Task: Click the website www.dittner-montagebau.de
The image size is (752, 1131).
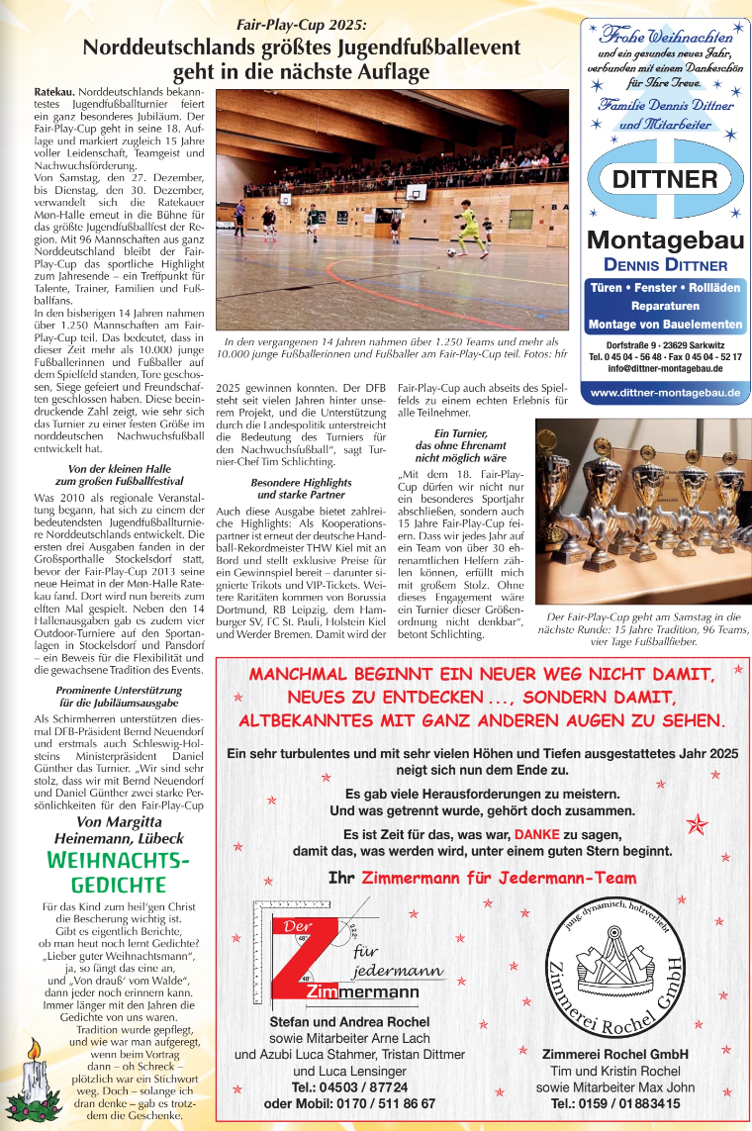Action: pos(664,393)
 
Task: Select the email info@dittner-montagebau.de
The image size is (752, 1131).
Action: pos(664,368)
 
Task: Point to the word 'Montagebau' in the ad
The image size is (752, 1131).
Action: pos(664,239)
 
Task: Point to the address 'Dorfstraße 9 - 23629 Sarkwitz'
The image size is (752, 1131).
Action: pos(664,343)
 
